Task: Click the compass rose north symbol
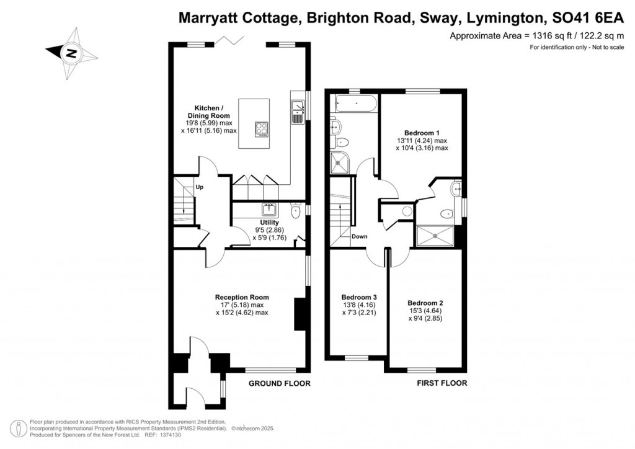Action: [x=71, y=53]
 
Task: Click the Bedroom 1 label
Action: [x=422, y=133]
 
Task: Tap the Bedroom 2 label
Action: [x=425, y=303]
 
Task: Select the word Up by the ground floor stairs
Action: [x=200, y=187]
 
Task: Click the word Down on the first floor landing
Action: [x=360, y=236]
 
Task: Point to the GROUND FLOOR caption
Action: [x=279, y=383]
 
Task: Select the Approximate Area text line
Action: [x=536, y=36]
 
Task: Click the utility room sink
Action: [x=270, y=209]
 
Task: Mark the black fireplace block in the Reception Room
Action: [x=299, y=314]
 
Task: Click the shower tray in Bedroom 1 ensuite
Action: [x=437, y=236]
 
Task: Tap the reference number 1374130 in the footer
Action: [x=151, y=435]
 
